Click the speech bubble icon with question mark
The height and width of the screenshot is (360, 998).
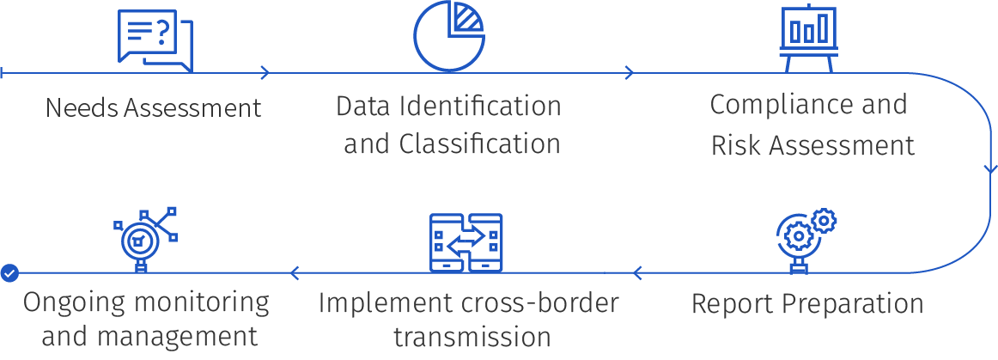[155, 40]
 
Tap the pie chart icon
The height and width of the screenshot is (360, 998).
[448, 36]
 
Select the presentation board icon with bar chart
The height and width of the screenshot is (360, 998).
[808, 38]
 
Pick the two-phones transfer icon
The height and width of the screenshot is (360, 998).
[466, 243]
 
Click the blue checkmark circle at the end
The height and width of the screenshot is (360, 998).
[9, 273]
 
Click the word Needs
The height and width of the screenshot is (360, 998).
[82, 107]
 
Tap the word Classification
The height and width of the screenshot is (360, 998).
[480, 144]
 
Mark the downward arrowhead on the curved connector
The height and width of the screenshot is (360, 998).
[989, 169]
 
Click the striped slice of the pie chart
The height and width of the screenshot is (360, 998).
[468, 18]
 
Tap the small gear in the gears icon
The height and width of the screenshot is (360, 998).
[825, 221]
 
